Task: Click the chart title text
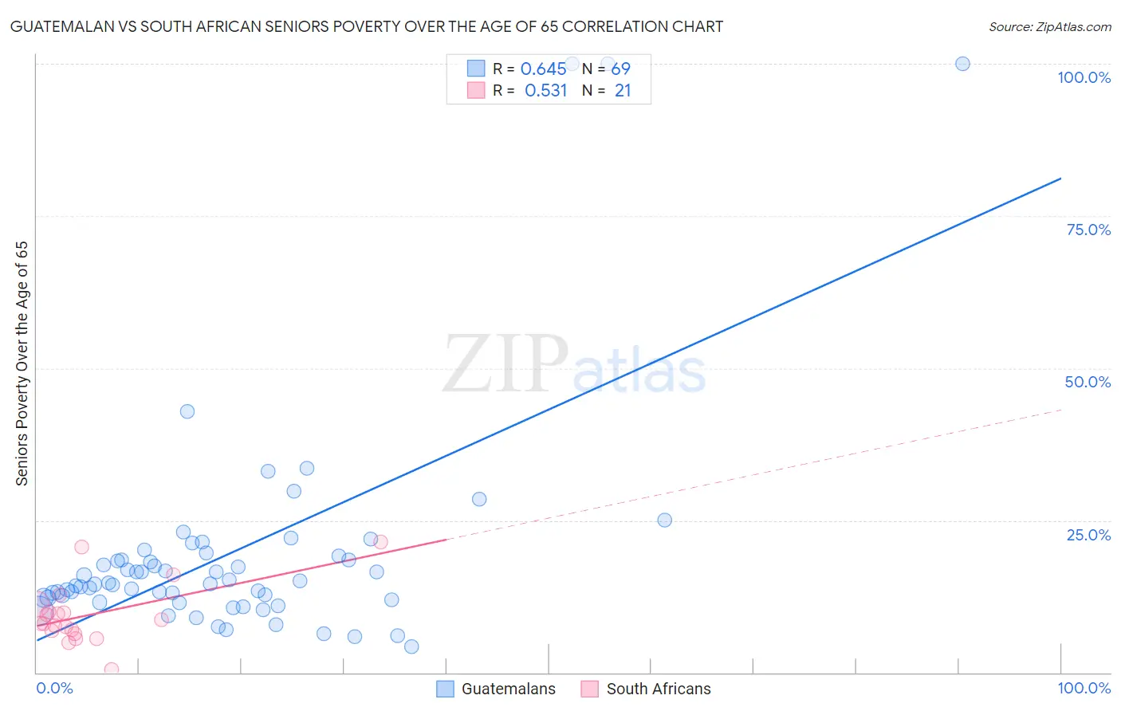click(367, 26)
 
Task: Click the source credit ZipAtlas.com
click(1049, 26)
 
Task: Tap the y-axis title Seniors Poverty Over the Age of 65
click(22, 363)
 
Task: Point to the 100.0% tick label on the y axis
click(1084, 77)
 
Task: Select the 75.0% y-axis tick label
click(1088, 230)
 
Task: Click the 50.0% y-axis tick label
click(1088, 382)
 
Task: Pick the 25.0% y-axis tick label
click(1088, 534)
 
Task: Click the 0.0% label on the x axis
click(54, 688)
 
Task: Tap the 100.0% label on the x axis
click(1084, 688)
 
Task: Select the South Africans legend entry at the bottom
click(647, 689)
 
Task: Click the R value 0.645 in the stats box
click(544, 69)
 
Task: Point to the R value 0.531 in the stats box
click(545, 91)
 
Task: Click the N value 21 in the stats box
click(623, 91)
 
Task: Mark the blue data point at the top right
click(962, 64)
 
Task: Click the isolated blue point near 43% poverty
click(187, 411)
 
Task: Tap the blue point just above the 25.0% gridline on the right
click(664, 520)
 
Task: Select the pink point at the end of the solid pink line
click(380, 542)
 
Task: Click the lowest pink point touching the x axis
click(112, 670)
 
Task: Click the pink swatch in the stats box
click(476, 90)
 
